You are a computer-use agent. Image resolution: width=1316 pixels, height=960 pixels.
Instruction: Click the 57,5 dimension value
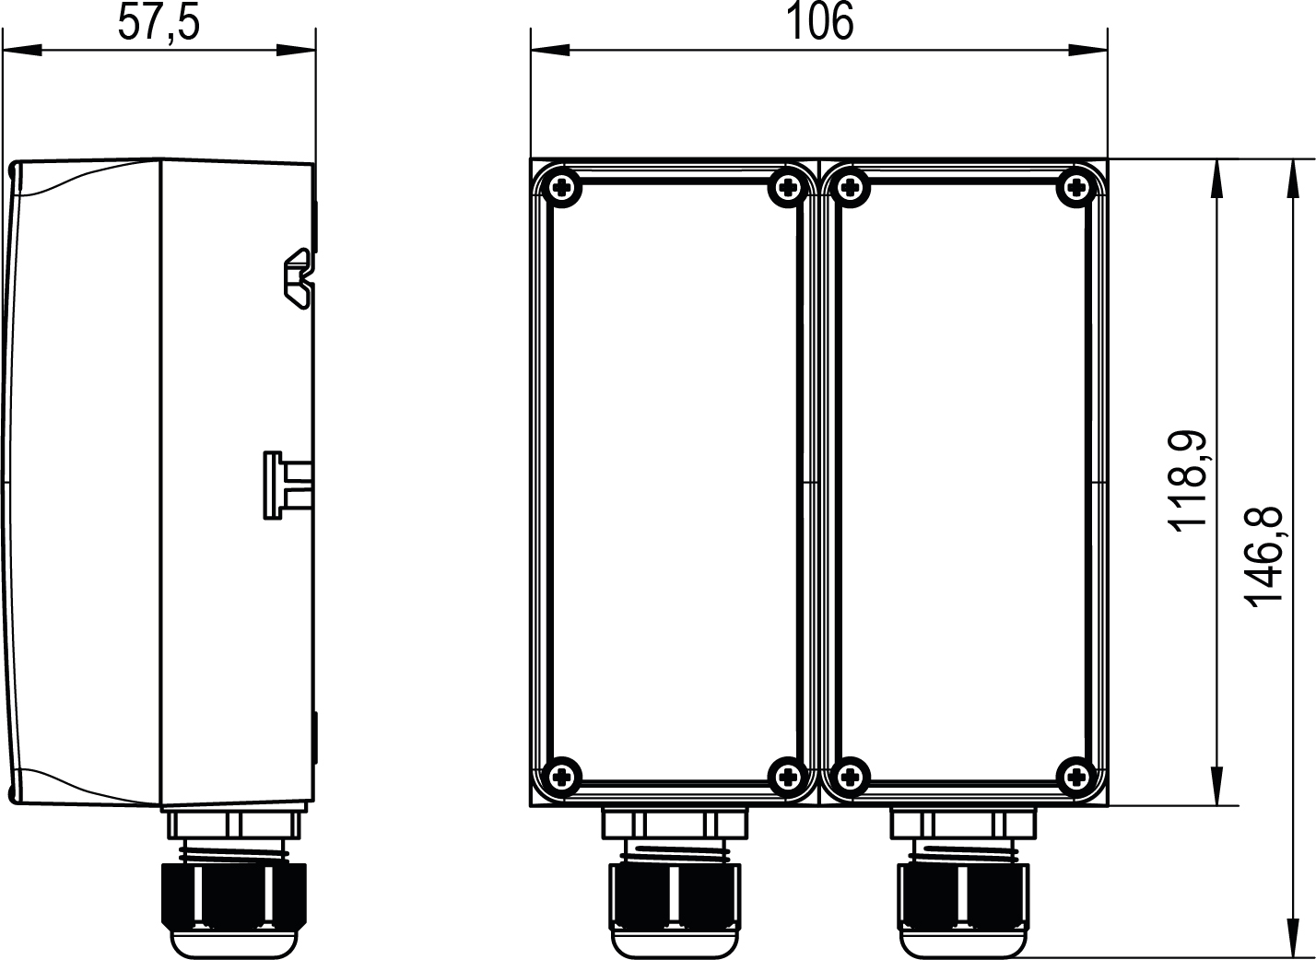point(159,22)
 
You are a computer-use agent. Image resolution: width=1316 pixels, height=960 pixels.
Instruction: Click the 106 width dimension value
point(819,22)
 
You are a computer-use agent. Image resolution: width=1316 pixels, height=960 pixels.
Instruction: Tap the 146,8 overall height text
point(1263,556)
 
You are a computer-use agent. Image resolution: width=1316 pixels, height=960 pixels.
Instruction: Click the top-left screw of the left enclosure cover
point(562,189)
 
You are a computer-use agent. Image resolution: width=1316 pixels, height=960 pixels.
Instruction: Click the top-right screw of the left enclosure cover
point(787,189)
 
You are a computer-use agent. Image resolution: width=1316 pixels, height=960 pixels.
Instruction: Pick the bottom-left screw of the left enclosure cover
point(562,778)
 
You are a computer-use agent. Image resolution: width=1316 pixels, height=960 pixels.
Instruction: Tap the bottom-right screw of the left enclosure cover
point(787,778)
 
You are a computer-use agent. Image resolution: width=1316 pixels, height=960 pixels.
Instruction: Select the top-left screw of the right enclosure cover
point(851,189)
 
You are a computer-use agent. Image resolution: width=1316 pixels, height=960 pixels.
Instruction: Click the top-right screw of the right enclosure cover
point(1075,189)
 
